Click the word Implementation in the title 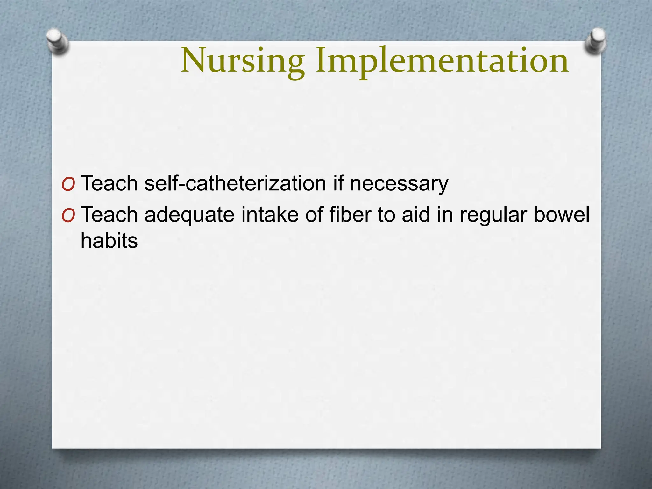coord(442,60)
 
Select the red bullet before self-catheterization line coord(68,184)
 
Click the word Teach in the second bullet coord(109,215)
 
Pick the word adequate coord(190,215)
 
